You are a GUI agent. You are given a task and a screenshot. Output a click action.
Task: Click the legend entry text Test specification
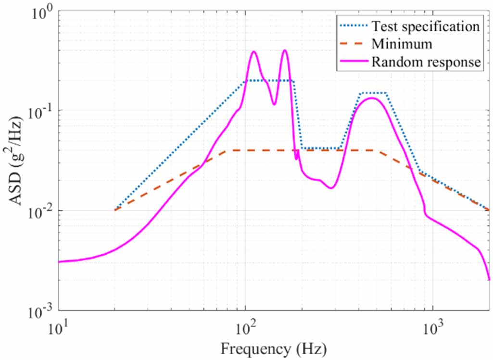(426, 26)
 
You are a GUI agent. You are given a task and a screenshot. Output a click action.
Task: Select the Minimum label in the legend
(402, 44)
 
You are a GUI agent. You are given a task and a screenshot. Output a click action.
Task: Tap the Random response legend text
(426, 62)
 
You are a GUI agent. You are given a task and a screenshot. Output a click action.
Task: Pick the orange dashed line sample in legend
(353, 44)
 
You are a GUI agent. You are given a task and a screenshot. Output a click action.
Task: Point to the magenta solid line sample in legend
(353, 62)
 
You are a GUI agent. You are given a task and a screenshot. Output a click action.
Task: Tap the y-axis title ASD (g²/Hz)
(16, 160)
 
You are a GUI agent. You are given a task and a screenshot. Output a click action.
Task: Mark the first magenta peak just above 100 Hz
(254, 51)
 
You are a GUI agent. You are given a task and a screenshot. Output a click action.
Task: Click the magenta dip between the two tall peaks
(275, 104)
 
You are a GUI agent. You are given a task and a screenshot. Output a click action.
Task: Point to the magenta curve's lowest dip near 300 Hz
(331, 188)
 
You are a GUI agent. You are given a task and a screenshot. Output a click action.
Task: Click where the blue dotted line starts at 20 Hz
(115, 210)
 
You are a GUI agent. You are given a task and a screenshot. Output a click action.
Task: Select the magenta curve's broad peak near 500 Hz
(372, 98)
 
